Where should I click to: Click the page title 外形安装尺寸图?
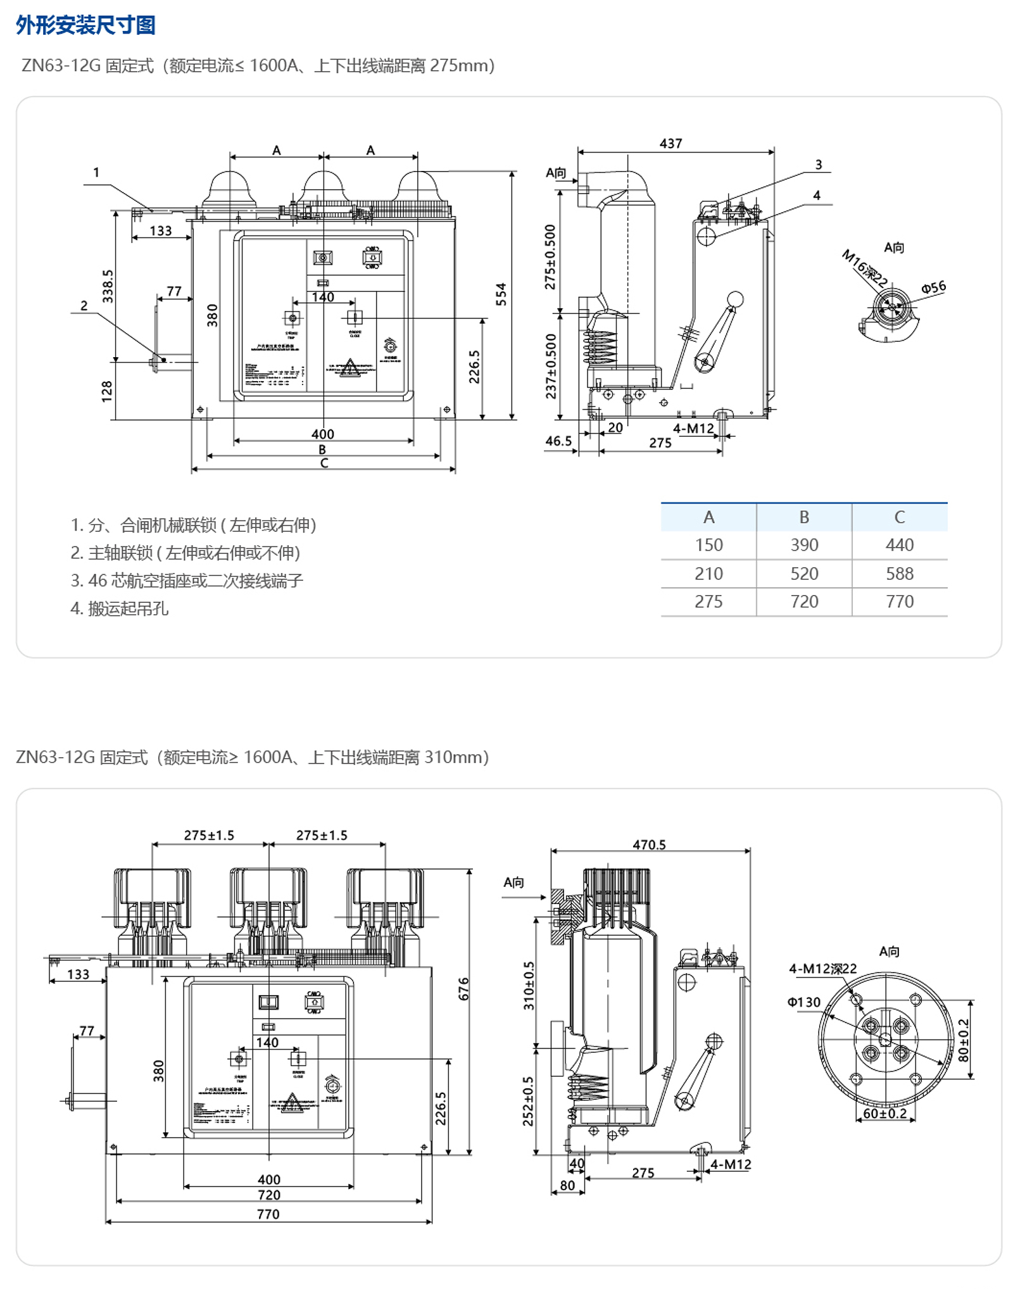coord(85,25)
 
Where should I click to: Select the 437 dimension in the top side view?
coord(670,144)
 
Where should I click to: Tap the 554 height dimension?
coord(501,294)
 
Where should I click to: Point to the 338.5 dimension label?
coord(108,286)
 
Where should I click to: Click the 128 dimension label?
coord(106,391)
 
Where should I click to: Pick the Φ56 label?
coord(933,287)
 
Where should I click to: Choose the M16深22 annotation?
coord(864,268)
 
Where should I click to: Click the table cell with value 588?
coord(899,574)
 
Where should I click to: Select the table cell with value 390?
coord(804,545)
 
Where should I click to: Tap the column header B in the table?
coord(804,517)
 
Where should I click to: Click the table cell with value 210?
coord(708,574)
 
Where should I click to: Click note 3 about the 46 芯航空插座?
coord(187,581)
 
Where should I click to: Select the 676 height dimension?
coord(464,988)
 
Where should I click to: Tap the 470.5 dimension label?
coord(649,845)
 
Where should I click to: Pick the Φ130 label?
coord(804,1002)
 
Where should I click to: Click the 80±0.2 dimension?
coord(963,1040)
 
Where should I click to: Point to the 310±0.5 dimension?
coord(529,986)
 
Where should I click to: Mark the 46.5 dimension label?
coord(558,441)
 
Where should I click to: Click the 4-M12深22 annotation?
coord(822,969)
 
